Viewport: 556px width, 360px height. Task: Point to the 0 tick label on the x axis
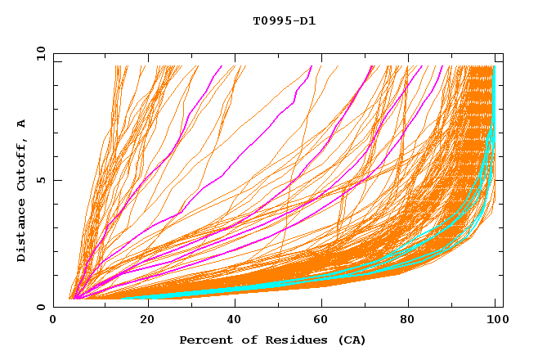[x=54, y=320]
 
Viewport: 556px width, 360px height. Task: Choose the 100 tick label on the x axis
[x=495, y=320]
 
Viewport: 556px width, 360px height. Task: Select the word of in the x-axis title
[x=245, y=340]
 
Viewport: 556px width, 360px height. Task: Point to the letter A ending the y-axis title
[x=22, y=123]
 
